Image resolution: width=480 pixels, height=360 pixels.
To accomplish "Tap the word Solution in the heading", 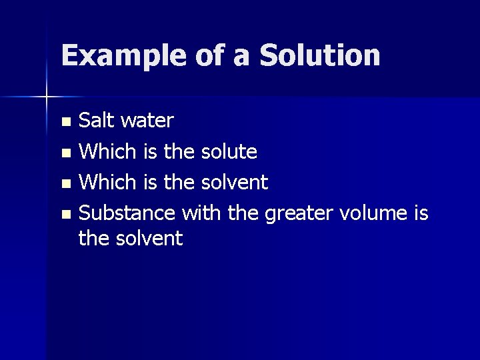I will point(319,56).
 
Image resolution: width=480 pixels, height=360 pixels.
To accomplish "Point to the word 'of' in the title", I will point(209,56).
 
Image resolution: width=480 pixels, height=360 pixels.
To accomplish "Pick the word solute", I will point(228,152).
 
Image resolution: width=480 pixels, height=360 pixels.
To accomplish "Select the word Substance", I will point(127,213).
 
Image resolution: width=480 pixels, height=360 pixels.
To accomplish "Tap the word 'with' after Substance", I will point(202,213).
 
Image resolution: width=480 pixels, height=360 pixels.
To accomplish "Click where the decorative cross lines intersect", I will point(47,97).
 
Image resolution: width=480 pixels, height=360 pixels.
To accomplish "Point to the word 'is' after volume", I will point(420,213).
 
